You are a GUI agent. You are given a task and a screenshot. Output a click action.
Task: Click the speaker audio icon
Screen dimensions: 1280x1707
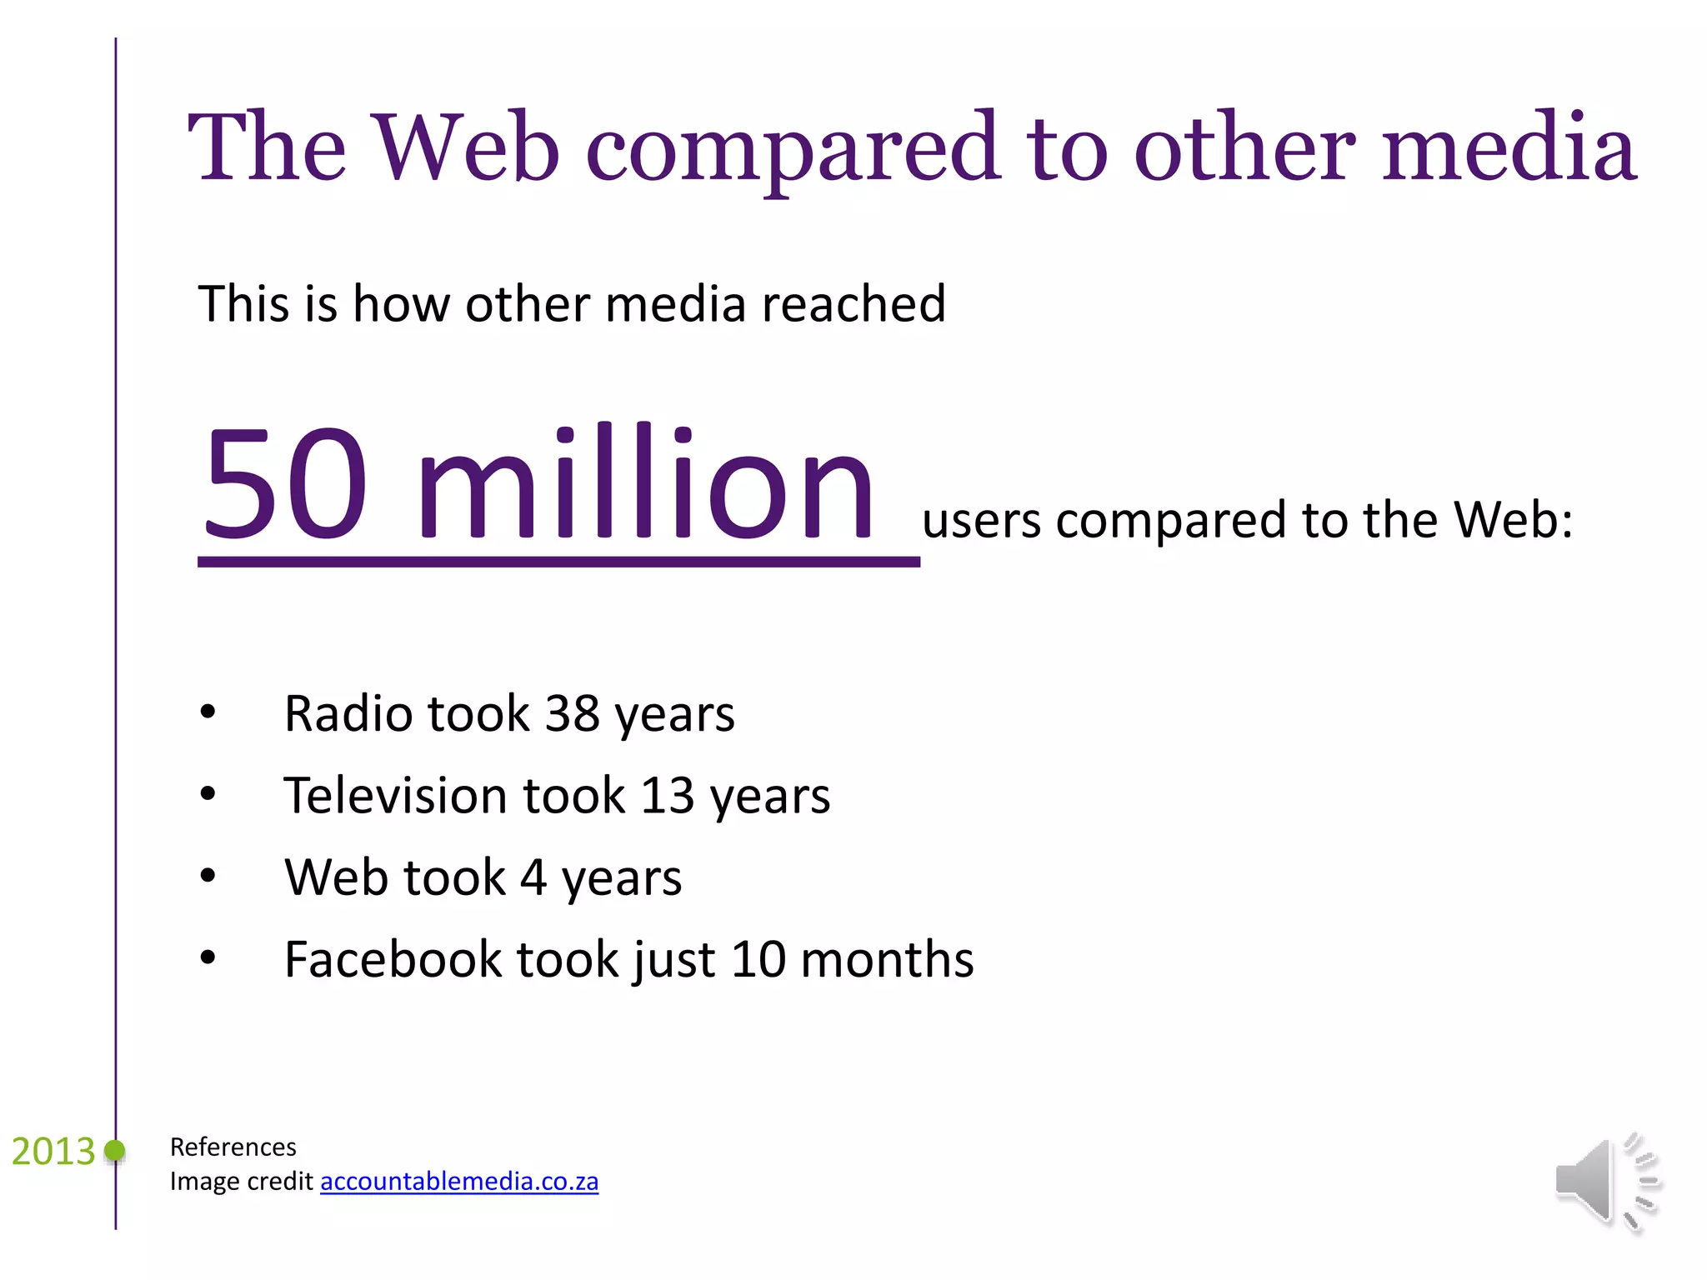tap(1606, 1182)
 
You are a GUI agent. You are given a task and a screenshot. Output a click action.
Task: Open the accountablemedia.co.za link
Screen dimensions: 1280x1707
tap(459, 1182)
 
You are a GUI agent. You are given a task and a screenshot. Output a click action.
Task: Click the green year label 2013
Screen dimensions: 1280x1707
tap(53, 1152)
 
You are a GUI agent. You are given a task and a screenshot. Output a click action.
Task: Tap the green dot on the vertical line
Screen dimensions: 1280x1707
tap(115, 1152)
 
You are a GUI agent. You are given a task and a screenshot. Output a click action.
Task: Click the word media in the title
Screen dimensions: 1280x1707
tap(1509, 147)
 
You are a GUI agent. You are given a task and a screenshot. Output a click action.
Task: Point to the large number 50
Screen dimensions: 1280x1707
tap(286, 483)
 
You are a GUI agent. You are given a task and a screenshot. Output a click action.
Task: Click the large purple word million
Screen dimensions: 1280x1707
tap(645, 483)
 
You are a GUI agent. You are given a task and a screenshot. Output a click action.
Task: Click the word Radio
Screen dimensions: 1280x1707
tap(348, 714)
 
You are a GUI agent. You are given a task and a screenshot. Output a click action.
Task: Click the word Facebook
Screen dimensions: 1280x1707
tap(393, 960)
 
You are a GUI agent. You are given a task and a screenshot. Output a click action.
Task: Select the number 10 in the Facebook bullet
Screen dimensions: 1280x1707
tap(758, 960)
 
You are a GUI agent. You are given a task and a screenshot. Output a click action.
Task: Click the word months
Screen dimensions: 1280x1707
tap(887, 960)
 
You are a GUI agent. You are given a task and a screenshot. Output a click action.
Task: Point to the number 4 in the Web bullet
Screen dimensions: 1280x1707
tap(533, 878)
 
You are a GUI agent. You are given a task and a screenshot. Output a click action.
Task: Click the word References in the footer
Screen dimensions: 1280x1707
tap(233, 1147)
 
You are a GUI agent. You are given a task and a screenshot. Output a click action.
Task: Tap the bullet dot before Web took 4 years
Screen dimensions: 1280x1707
tap(208, 877)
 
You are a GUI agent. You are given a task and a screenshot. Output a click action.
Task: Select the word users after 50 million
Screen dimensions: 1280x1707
tap(981, 522)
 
